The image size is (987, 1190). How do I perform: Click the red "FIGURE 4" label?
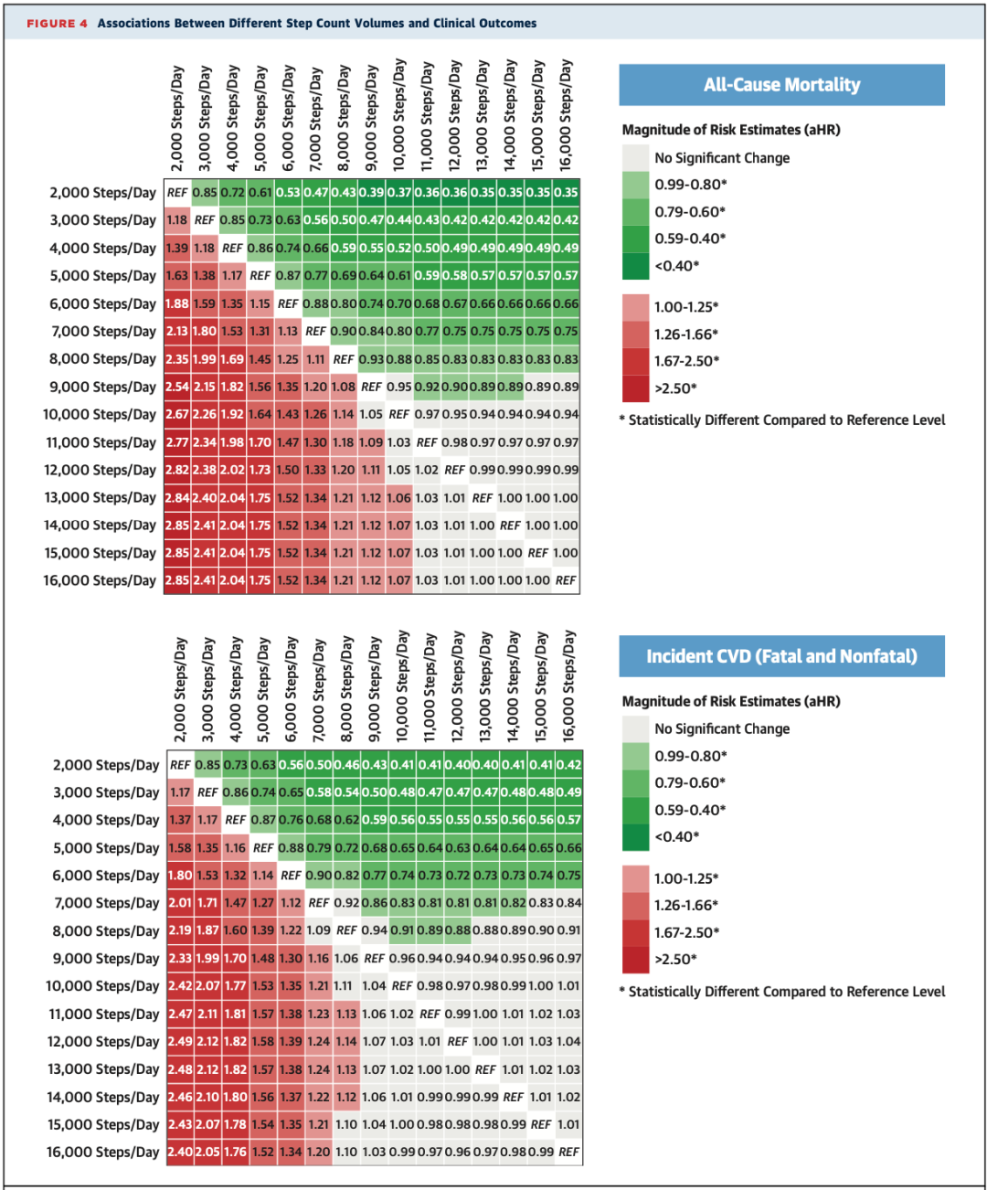[x=57, y=24]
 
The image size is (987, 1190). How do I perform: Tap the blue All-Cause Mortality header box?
[x=781, y=85]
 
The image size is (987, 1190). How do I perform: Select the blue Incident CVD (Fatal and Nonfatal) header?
[x=781, y=656]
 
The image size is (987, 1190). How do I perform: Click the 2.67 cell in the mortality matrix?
[x=177, y=415]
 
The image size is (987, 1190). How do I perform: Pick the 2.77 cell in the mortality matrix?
[x=177, y=442]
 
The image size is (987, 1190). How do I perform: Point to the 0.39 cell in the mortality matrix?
[x=371, y=193]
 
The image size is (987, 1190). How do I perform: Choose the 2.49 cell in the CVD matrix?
[x=180, y=1042]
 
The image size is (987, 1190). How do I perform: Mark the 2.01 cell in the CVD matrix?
[x=180, y=903]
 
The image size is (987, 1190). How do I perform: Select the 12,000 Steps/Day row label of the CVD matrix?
[x=103, y=1042]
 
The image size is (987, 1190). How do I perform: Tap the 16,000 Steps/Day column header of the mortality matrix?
[x=566, y=115]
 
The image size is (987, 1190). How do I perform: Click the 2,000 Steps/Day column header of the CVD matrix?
[x=180, y=690]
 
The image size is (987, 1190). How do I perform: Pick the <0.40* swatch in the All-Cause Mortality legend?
[x=635, y=266]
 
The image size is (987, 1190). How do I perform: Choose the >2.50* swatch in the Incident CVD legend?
[x=635, y=960]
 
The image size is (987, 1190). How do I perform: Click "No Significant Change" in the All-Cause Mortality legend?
[x=722, y=158]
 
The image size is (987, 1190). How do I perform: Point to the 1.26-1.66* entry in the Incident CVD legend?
[x=685, y=905]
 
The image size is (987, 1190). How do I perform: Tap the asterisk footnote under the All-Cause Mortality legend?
[x=782, y=420]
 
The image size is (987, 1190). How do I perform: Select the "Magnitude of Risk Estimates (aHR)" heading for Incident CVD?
[x=731, y=701]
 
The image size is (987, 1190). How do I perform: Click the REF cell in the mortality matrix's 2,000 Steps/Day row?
[x=177, y=193]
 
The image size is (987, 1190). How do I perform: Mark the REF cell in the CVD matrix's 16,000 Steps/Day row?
[x=568, y=1153]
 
